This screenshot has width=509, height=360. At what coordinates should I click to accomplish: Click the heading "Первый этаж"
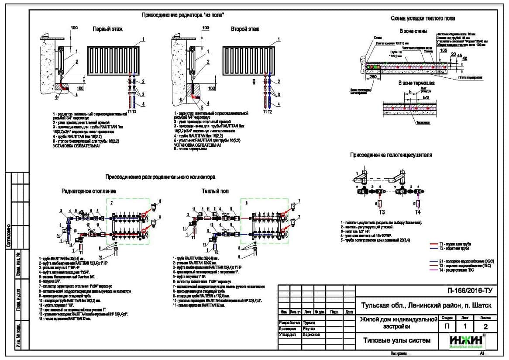(x=107, y=29)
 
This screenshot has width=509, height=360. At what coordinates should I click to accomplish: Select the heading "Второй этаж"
(x=245, y=29)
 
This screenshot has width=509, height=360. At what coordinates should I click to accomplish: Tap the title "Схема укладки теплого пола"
(x=423, y=18)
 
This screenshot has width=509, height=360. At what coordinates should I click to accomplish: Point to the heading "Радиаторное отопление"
(x=89, y=191)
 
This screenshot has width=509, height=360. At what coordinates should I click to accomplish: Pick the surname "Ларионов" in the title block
(x=311, y=335)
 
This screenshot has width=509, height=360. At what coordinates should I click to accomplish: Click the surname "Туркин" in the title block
(x=309, y=322)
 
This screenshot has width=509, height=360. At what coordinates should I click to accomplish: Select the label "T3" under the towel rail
(x=381, y=212)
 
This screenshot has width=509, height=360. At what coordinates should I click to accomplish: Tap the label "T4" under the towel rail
(x=417, y=212)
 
